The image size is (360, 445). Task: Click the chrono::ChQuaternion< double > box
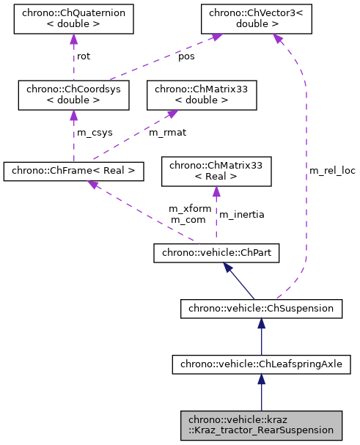[x=73, y=20]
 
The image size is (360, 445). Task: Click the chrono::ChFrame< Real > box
[x=73, y=172]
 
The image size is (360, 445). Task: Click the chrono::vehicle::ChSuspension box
[x=261, y=309]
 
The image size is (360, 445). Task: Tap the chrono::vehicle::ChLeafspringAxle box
[x=261, y=363]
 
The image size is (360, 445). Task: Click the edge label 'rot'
[x=84, y=56]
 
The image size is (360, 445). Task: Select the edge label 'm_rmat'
[x=165, y=133]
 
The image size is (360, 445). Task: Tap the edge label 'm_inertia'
[x=242, y=214]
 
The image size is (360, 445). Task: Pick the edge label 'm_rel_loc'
[x=332, y=170]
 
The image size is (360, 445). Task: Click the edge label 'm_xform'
[x=190, y=209]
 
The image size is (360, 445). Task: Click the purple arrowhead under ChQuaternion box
[x=73, y=39]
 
